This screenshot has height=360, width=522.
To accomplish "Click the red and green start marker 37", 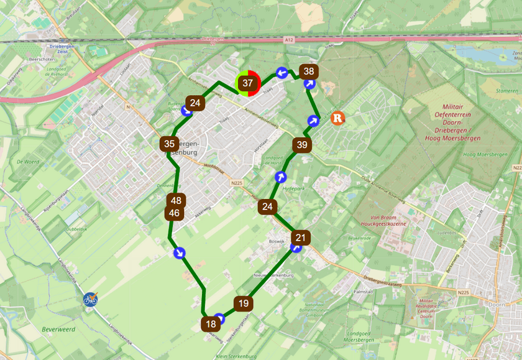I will (248, 83).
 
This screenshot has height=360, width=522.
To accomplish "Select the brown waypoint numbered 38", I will (308, 71).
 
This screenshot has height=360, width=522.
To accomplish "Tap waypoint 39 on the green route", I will (302, 145).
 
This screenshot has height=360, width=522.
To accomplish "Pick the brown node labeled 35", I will (168, 144).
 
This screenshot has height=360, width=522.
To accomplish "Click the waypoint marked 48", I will (176, 201).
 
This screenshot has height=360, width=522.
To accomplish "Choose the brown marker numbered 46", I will (174, 213).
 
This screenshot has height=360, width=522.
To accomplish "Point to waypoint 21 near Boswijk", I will (301, 238).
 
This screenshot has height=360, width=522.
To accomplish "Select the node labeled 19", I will (243, 303).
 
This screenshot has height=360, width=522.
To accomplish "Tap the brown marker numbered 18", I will (210, 324).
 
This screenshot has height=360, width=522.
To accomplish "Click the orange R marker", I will (338, 118).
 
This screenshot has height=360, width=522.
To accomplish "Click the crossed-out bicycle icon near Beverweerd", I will (91, 299).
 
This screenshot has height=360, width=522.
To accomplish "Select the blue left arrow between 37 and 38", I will (281, 73).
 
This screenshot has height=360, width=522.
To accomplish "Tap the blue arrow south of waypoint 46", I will (179, 252).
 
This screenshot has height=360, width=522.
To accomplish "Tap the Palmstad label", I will (362, 290).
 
